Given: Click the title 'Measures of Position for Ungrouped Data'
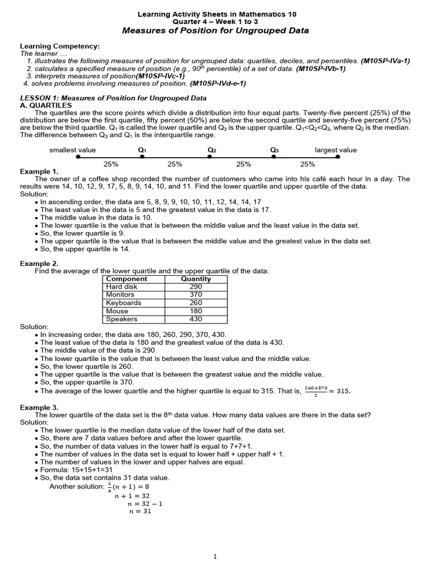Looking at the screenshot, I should coord(215,31).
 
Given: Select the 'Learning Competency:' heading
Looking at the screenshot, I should coord(60,46).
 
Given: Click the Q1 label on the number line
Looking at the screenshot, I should coord(142,150).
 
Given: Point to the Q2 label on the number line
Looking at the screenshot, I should coord(212,150).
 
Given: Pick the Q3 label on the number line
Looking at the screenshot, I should coord(274,150).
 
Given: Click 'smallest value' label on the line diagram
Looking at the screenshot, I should coord(73,150).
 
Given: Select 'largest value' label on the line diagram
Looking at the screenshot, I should coord(336,150).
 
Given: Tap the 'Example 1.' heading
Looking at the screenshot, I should coord(39,171).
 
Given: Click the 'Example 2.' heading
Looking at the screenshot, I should coord(39,263).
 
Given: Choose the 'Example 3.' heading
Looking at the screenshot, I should coord(39,407).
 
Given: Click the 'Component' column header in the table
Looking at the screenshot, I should coord(127,279).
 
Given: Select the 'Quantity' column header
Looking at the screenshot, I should coord(196,279).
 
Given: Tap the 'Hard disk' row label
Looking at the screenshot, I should coord(121,286).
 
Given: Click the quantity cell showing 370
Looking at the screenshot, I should coord(196,294).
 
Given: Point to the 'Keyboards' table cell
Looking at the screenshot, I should coord(124,303).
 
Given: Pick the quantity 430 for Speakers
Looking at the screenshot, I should coord(196,319).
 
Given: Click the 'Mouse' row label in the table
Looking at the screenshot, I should coord(117,311).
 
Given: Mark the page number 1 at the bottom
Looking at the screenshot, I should coord(215,556).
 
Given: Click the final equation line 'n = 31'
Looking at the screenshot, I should coord(140,511).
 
